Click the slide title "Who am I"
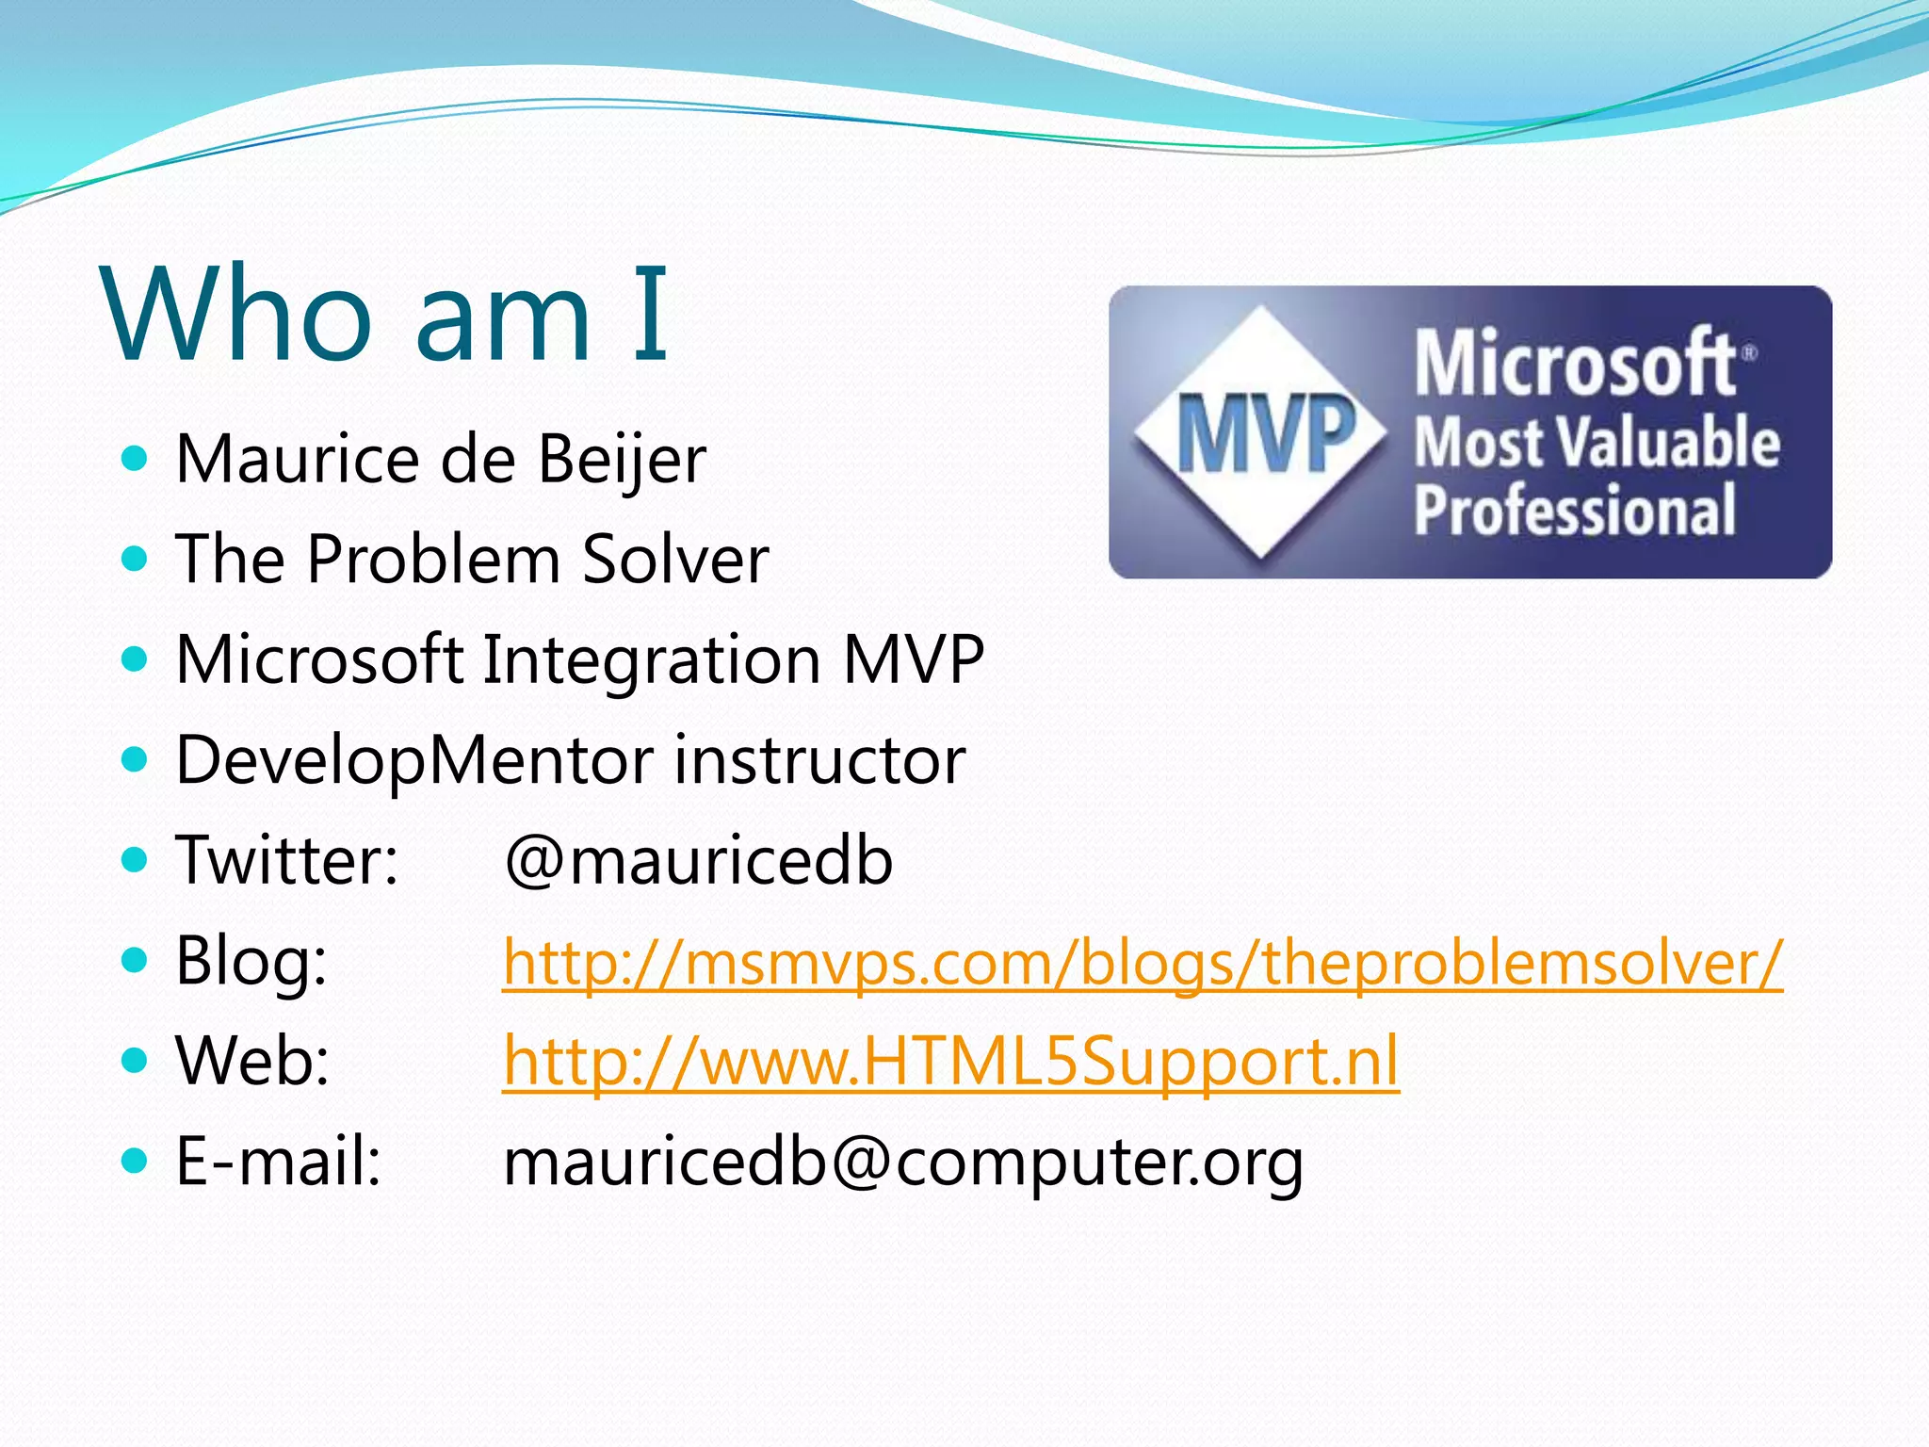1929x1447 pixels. pyautogui.click(x=386, y=315)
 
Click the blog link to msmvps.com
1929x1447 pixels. pyautogui.click(x=1142, y=963)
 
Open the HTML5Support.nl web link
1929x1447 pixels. pyautogui.click(x=950, y=1063)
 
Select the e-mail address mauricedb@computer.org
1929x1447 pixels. pyautogui.click(x=903, y=1162)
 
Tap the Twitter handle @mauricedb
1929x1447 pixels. pyautogui.click(x=698, y=861)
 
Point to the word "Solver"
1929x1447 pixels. pyautogui.click(x=675, y=561)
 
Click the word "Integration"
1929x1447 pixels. pyautogui.click(x=652, y=659)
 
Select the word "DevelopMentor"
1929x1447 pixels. pyautogui.click(x=414, y=761)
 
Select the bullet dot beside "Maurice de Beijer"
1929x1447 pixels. pyautogui.click(x=136, y=460)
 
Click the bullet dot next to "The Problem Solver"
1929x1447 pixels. pyautogui.click(x=136, y=560)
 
